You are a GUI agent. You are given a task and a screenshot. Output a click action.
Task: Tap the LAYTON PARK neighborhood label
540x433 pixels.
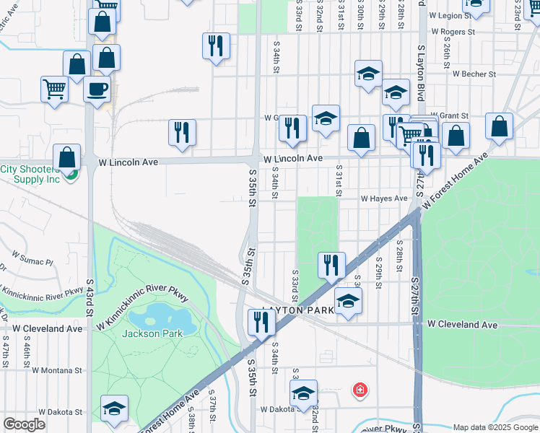tap(298, 310)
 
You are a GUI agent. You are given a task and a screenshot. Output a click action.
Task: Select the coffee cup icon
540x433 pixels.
tap(97, 89)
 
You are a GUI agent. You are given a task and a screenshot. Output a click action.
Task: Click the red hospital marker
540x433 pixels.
tap(359, 390)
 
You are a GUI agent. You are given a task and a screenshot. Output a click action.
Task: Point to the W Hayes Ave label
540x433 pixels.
tap(386, 198)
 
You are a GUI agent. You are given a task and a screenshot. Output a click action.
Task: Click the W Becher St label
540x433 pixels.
tap(474, 74)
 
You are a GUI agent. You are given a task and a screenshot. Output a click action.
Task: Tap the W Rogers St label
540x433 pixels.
tap(453, 32)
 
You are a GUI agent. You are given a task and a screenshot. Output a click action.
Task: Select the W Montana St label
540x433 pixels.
tap(56, 369)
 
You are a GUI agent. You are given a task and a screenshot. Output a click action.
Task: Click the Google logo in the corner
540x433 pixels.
tap(24, 424)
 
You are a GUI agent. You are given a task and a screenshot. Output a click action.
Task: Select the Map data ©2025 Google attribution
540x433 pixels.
tap(495, 427)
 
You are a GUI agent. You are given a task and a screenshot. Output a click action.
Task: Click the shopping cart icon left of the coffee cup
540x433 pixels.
tap(54, 89)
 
